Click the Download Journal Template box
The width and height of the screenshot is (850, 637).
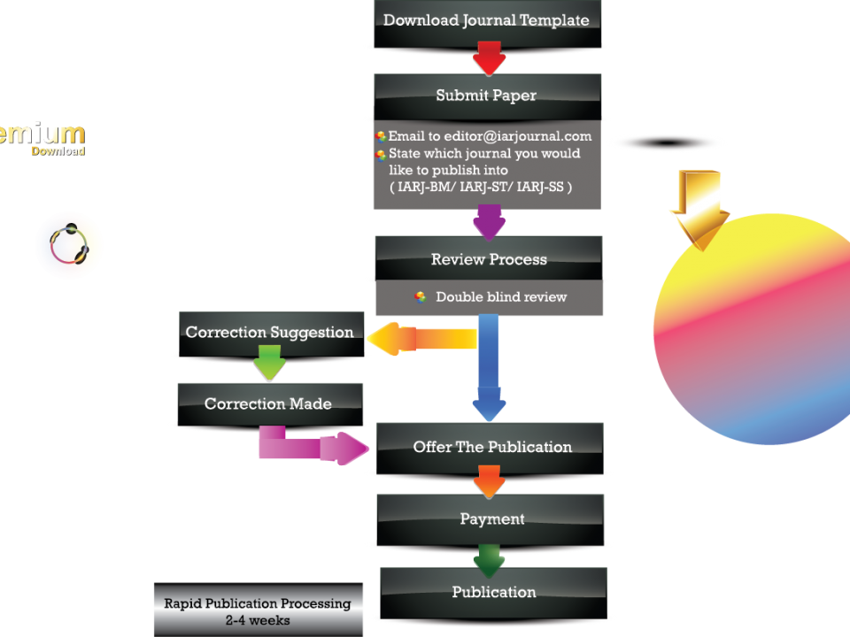click(x=486, y=20)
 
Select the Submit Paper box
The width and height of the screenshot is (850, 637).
click(x=486, y=96)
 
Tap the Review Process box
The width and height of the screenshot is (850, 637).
click(x=489, y=259)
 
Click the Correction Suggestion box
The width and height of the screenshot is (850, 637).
click(x=269, y=333)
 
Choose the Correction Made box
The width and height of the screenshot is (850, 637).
click(x=268, y=403)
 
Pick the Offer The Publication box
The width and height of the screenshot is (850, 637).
click(x=492, y=447)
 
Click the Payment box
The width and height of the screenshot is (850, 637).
click(x=491, y=518)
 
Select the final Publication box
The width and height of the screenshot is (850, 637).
click(x=493, y=592)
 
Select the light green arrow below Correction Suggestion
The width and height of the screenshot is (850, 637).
click(x=268, y=363)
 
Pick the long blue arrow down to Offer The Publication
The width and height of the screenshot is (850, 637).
click(x=488, y=372)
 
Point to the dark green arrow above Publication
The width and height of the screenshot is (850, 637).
click(x=489, y=560)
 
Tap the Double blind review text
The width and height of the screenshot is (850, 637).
click(x=501, y=297)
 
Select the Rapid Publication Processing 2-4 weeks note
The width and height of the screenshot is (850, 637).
click(x=258, y=610)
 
